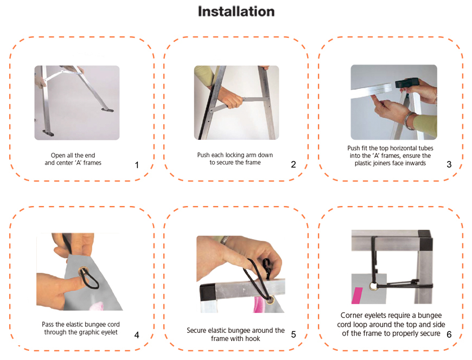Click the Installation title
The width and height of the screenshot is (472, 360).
pos(237,12)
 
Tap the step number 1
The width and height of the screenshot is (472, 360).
pos(137,165)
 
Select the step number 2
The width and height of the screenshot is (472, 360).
pos(294,164)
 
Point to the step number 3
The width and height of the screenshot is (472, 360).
pos(449,164)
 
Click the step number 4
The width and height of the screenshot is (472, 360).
pos(137,335)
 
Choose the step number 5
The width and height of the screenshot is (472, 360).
pos(294,335)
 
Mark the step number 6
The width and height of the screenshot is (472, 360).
pos(449,335)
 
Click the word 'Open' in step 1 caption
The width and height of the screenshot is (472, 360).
pos(57,156)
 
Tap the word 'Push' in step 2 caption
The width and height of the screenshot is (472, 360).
pos(203,155)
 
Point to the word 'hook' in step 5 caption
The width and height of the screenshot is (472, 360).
pos(253,339)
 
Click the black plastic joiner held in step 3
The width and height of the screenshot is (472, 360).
pos(406,82)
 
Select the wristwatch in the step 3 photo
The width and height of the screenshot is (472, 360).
pos(409,120)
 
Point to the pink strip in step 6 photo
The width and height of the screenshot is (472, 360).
pos(358,295)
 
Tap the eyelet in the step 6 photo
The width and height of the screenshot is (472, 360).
pos(374,287)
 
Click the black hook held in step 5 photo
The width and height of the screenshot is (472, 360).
pos(267,268)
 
